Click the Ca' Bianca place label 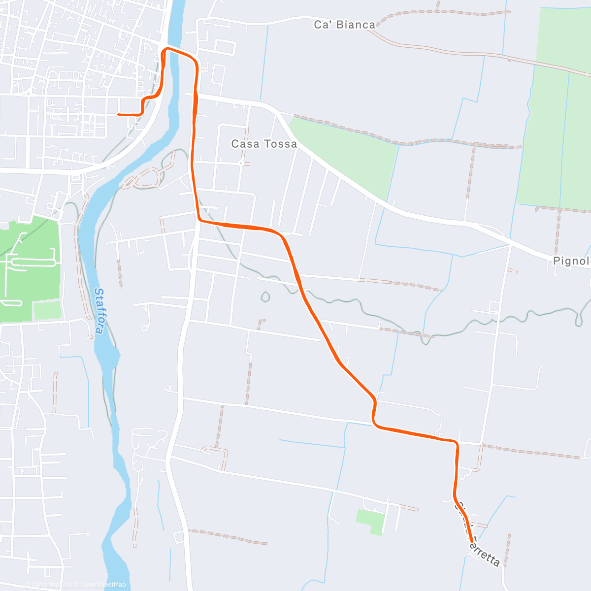[344, 25]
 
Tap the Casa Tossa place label [264, 144]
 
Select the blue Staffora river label [99, 311]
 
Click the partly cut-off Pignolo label [571, 261]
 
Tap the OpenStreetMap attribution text [103, 585]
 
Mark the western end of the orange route [119, 114]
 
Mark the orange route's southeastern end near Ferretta [472, 541]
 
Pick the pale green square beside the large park [47, 310]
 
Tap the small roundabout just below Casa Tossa [241, 163]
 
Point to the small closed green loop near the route [265, 297]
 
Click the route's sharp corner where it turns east [199, 220]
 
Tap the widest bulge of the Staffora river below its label [108, 355]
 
